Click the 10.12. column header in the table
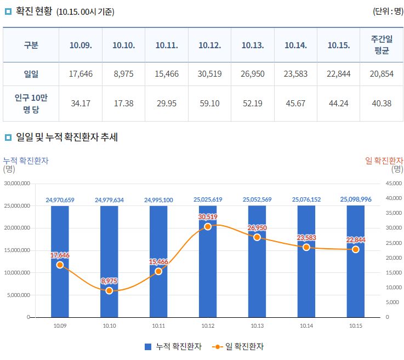(209, 45)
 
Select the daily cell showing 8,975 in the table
(124, 74)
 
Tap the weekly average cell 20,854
(382, 74)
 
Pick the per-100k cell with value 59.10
(209, 103)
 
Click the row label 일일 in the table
(31, 74)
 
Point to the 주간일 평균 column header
(382, 45)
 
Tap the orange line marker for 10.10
(109, 290)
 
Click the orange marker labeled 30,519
(208, 226)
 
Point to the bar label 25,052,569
(257, 200)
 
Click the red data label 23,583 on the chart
(306, 237)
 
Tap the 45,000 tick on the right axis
(394, 184)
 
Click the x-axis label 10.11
(158, 326)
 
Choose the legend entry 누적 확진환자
(173, 347)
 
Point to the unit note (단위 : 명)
(387, 12)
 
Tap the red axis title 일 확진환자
(384, 161)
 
